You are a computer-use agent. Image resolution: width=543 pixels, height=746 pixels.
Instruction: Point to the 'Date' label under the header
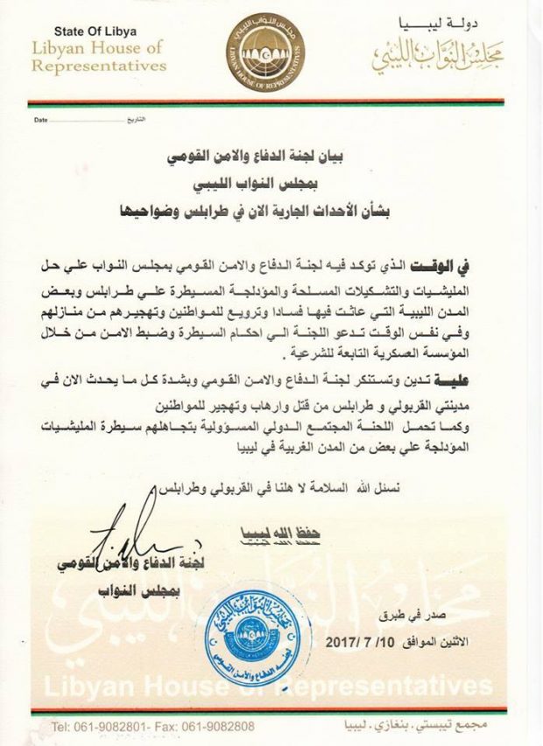[40, 119]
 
